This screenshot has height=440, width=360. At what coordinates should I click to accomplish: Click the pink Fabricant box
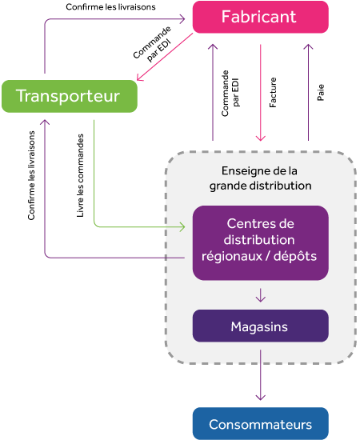(260, 17)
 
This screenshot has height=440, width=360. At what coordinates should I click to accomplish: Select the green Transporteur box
(70, 96)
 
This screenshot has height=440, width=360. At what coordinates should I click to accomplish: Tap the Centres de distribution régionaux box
(260, 243)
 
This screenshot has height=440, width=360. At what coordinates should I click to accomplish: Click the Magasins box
(260, 326)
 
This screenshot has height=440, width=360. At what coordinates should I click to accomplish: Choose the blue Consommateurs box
(260, 423)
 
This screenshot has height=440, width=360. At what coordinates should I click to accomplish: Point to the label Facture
(273, 92)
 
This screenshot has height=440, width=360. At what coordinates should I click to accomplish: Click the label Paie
(321, 92)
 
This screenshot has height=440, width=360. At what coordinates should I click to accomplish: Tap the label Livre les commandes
(80, 175)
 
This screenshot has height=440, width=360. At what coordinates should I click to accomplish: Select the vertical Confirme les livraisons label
(31, 175)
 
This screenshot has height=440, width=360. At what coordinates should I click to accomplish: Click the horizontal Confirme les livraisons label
(110, 6)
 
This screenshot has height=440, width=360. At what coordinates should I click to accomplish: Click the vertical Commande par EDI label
(230, 93)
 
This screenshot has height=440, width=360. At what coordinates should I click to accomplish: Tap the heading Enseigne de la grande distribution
(260, 178)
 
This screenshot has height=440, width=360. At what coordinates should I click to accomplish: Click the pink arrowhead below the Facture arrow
(261, 138)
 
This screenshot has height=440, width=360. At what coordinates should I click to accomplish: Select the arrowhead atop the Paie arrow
(308, 47)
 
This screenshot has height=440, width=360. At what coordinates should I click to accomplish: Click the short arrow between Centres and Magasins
(261, 295)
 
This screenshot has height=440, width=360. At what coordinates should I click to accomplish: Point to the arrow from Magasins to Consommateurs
(261, 375)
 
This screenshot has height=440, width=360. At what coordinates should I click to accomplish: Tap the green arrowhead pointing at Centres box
(182, 226)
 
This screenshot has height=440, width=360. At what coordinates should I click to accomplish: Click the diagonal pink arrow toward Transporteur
(165, 57)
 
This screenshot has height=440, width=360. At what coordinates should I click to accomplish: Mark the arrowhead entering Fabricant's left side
(182, 19)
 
